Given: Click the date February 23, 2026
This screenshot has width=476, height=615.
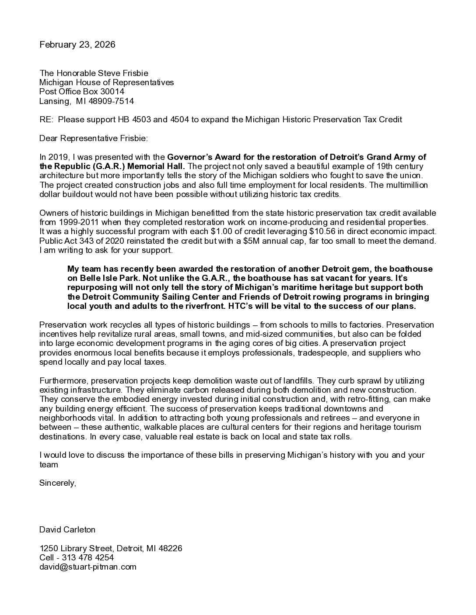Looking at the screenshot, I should point(77,45).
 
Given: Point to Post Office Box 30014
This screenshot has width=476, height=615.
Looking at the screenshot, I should point(82,92).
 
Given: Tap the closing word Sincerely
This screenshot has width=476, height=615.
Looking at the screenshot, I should point(58,483).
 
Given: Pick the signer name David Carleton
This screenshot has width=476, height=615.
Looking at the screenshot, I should point(67,530).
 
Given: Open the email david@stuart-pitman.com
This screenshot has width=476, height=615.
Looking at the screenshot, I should point(88,567).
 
